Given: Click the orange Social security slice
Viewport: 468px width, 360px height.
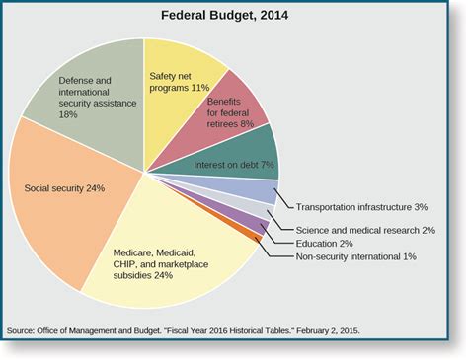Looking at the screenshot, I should point(59,197).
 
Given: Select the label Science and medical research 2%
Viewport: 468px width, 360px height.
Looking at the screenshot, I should point(365,230).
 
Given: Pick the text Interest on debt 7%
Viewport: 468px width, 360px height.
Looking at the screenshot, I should point(234,166).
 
